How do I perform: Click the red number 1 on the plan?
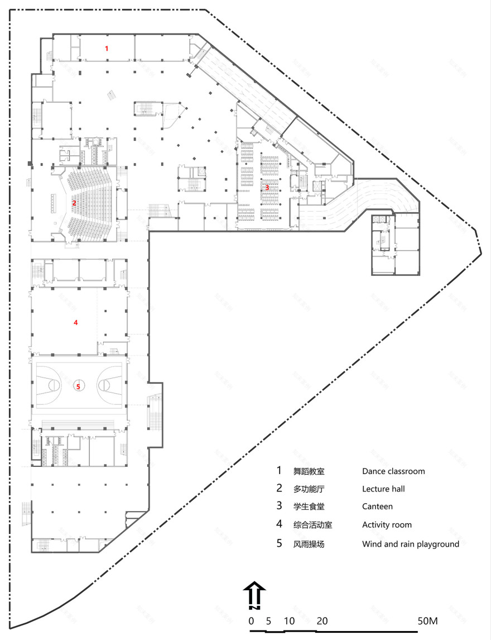click(107, 49)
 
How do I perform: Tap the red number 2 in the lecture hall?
click(74, 203)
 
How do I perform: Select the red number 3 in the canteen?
click(267, 187)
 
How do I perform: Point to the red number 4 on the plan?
click(76, 322)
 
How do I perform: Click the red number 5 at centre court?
click(78, 385)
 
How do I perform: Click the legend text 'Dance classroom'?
click(393, 471)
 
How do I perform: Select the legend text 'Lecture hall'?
click(383, 489)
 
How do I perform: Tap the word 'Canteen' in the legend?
click(377, 507)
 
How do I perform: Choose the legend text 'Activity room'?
click(387, 524)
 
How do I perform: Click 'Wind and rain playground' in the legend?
click(410, 544)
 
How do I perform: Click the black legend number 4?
click(280, 524)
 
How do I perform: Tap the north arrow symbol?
click(253, 593)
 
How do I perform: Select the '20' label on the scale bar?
click(322, 621)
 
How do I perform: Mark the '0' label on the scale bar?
click(251, 621)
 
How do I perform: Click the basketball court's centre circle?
click(78, 385)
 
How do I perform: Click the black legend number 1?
click(280, 471)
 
